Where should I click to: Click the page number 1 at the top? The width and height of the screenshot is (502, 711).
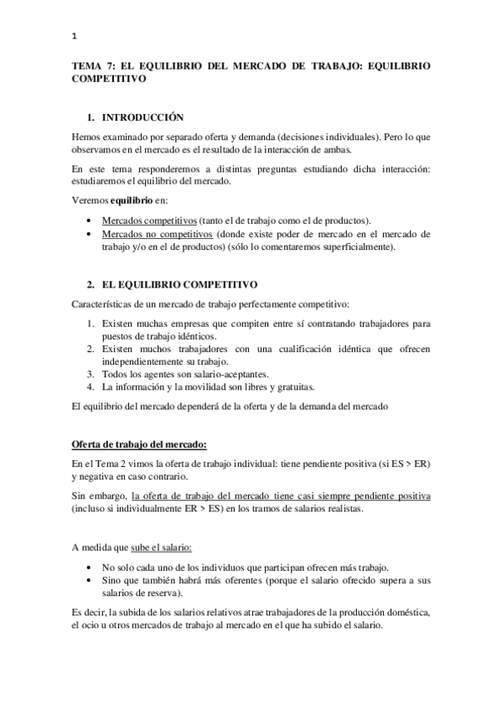pyautogui.click(x=75, y=36)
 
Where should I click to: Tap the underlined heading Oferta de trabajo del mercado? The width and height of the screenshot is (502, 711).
pyautogui.click(x=138, y=443)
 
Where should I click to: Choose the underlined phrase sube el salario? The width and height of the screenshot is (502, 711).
pyautogui.click(x=161, y=548)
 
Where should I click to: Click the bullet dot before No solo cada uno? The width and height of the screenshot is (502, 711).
pyautogui.click(x=91, y=568)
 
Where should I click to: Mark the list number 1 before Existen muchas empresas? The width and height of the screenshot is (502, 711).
pyautogui.click(x=91, y=323)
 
